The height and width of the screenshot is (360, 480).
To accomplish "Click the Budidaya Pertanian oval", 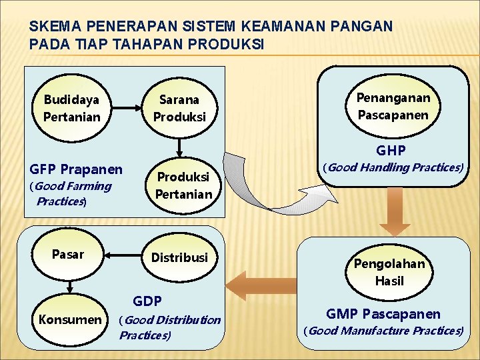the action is coord(72,108).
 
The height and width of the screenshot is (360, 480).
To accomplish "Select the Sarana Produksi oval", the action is coord(179,108).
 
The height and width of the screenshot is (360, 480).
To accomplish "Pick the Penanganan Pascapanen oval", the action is coord(393,106).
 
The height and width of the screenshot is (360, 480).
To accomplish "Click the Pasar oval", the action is coord(68,254).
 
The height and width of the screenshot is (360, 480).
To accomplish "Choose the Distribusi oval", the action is coord(179,257).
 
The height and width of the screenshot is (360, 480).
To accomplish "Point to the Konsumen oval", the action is coord(70,319).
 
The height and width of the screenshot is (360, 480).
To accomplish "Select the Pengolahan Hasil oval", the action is coord(389,272).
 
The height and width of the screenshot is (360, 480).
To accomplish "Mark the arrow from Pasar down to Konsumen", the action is coord(69,283).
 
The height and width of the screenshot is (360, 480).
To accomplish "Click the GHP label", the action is coord(391,150).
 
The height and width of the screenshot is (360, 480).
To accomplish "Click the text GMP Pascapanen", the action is coord(383,313).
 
